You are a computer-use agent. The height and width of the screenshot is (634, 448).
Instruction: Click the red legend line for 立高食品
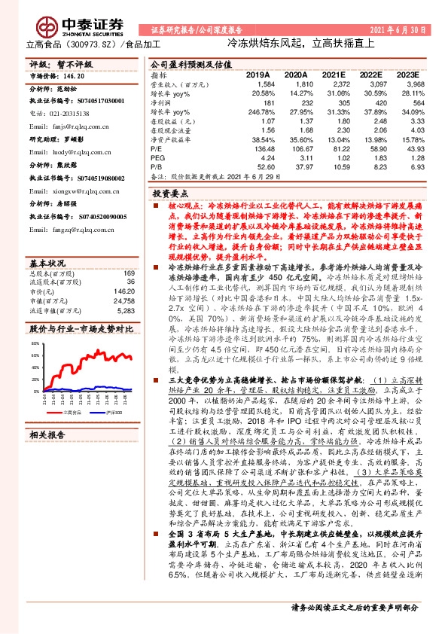point(58,413)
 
